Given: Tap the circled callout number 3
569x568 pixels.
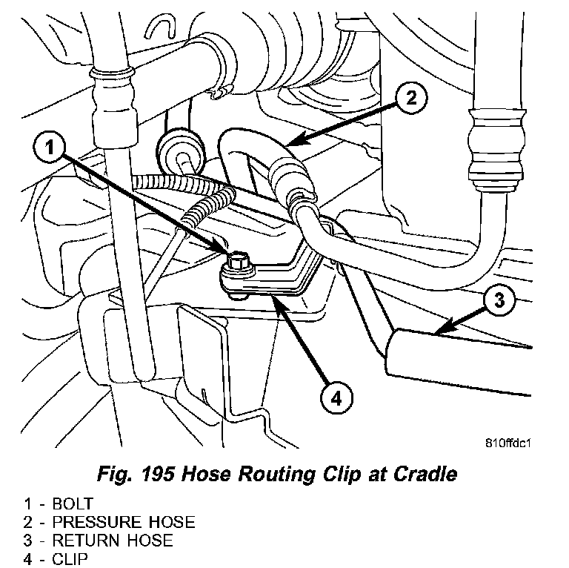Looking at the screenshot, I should (499, 300).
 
